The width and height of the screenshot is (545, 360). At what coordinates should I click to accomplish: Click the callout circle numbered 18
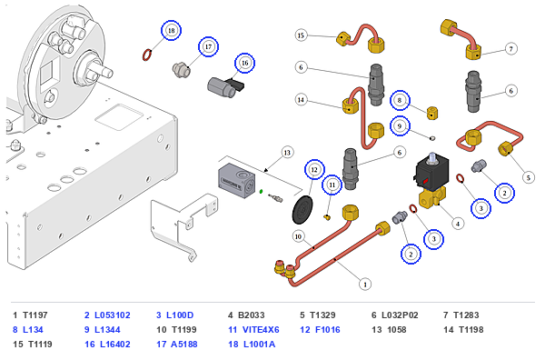pos(171,31)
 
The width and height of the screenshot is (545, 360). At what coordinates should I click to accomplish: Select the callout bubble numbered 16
pos(244,63)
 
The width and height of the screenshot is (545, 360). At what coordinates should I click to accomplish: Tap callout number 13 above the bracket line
pos(287,153)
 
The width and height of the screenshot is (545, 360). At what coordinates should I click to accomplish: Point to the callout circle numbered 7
pos(510,49)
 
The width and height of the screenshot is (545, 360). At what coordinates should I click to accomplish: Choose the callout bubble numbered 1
pos(365,285)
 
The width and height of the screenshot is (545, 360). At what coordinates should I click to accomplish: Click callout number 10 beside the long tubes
pos(298,237)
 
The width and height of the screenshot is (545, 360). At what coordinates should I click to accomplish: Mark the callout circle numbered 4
pos(458,224)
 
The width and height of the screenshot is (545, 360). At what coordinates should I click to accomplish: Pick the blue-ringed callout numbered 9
pos(400,126)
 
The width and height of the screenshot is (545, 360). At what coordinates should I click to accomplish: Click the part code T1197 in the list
pos(35,315)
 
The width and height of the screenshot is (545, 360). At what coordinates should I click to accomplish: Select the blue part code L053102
pos(113,315)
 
